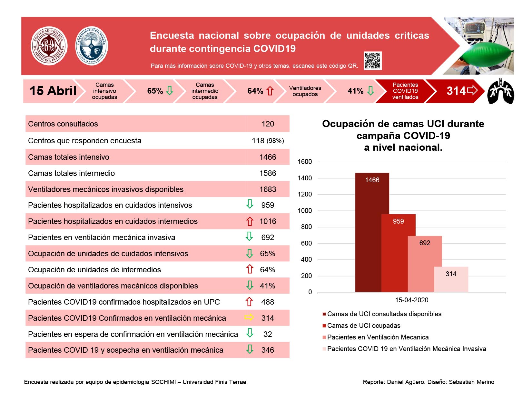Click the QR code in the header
(372, 60)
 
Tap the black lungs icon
(500, 91)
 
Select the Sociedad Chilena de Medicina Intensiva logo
(49, 45)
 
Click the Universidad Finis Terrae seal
(92, 45)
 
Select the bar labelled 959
(398, 253)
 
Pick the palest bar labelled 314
(451, 279)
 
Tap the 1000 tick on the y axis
(305, 211)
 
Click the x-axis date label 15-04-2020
(412, 300)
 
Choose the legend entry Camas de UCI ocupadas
(361, 326)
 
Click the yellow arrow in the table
(249, 317)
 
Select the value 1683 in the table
(268, 189)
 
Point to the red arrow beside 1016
(250, 221)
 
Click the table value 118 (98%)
(268, 140)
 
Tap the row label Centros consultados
(63, 124)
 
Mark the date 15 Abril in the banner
(53, 91)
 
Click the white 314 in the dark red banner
(456, 91)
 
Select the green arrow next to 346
(250, 349)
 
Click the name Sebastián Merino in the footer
(471, 382)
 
